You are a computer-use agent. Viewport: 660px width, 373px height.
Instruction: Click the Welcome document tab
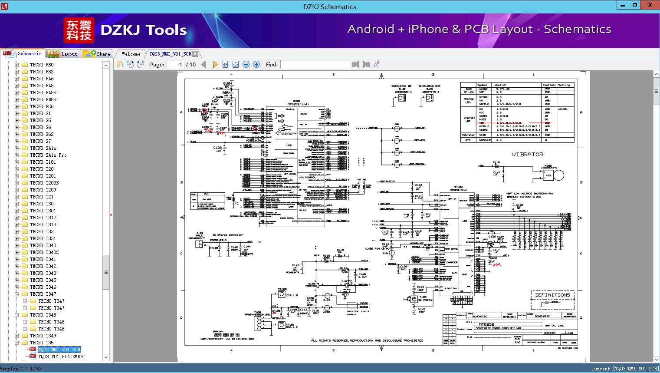point(131,54)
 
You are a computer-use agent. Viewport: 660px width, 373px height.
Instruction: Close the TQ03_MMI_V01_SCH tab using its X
point(195,54)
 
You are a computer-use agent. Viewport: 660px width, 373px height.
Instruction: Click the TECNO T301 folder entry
point(43,211)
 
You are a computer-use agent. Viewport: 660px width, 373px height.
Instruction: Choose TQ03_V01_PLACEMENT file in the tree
point(62,356)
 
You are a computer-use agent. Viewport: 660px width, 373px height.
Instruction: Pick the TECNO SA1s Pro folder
point(49,155)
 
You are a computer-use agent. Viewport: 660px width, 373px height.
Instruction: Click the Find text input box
point(315,64)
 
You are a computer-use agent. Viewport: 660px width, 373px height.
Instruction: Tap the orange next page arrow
point(215,64)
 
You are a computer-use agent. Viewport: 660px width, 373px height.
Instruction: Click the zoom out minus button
point(246,64)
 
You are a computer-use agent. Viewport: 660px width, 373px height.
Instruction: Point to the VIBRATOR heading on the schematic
point(527,155)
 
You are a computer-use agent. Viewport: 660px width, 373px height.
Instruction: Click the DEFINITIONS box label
point(552,295)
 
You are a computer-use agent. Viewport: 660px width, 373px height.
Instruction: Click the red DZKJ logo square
point(79,30)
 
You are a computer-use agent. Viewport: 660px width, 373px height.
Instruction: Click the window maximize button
point(635,6)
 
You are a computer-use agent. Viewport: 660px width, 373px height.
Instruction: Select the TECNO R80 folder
point(42,65)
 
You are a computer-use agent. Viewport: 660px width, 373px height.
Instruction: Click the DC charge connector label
point(228,235)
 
